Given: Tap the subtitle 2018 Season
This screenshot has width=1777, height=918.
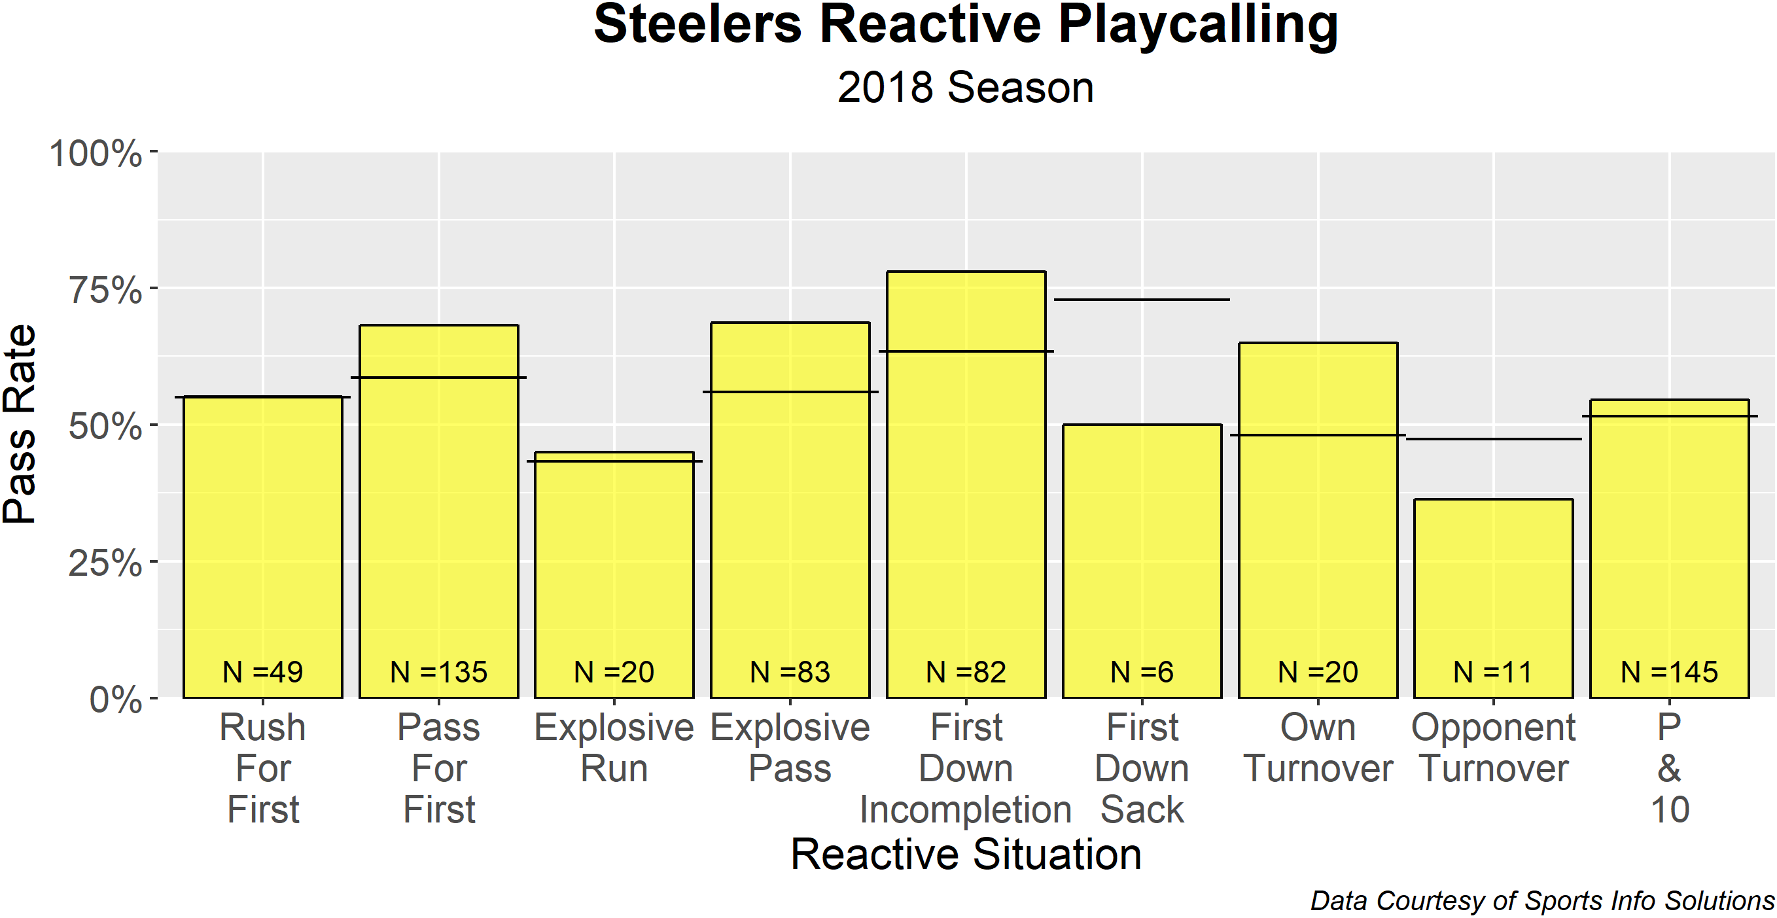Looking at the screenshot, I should (x=965, y=88).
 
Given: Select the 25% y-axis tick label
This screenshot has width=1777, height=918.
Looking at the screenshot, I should (x=105, y=563).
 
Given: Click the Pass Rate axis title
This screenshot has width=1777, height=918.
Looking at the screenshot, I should (x=20, y=424).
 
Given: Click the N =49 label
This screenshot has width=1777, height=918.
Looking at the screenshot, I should (x=263, y=672).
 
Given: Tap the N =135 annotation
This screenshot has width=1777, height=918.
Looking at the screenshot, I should (x=439, y=672).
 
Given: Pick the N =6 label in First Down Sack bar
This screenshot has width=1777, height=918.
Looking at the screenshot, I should (x=1142, y=672).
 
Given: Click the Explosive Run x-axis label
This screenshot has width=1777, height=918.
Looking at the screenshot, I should (x=614, y=748).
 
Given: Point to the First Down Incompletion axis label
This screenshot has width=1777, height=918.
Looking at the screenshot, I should (x=966, y=768).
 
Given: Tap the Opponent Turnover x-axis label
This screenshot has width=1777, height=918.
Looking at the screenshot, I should (x=1494, y=748).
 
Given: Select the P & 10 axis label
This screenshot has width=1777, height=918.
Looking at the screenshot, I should (x=1670, y=768).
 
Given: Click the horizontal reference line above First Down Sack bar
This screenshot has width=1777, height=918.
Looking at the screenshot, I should (x=1142, y=299).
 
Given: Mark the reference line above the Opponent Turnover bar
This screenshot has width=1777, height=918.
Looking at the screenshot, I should (x=1494, y=438).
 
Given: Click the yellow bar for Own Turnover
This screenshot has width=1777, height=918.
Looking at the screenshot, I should (x=1318, y=552).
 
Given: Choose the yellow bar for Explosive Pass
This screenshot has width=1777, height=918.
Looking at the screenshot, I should (x=790, y=538).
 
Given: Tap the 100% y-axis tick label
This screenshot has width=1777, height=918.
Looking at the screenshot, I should (x=96, y=153).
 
